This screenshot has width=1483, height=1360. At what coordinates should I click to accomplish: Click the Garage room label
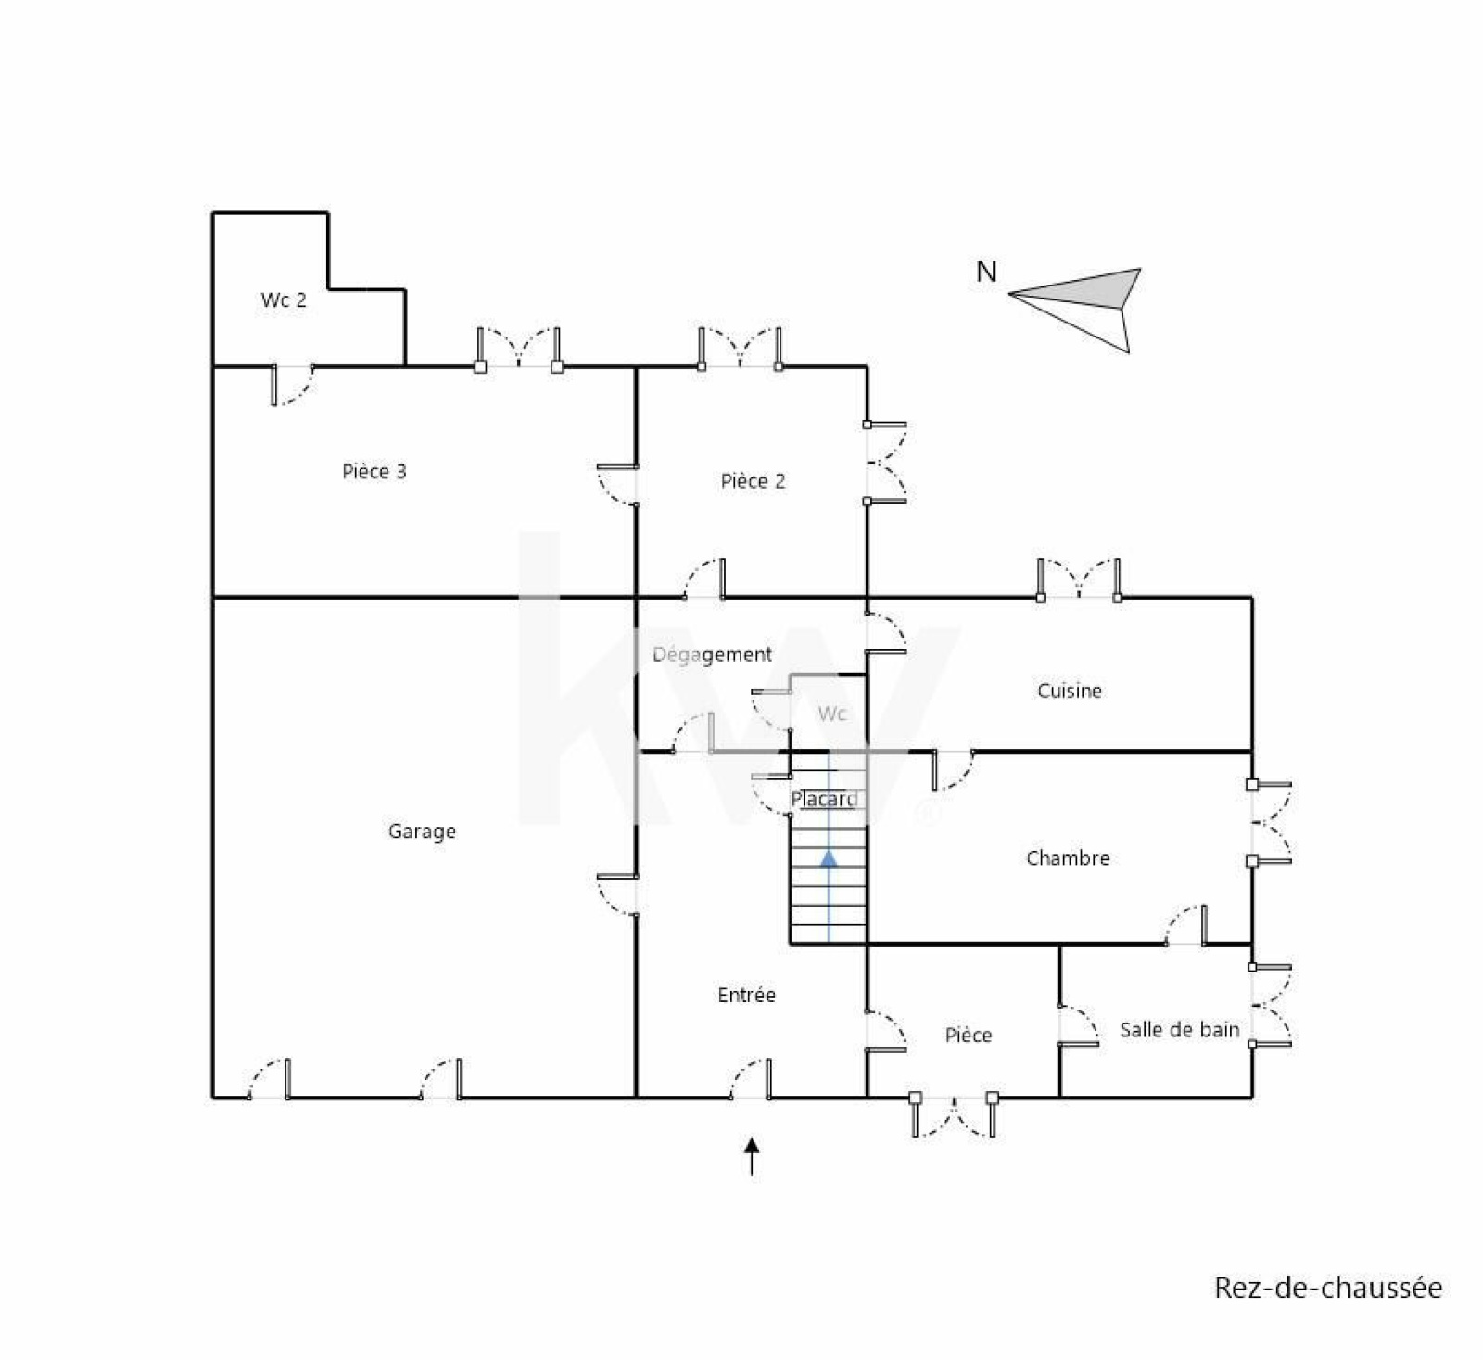pyautogui.click(x=422, y=832)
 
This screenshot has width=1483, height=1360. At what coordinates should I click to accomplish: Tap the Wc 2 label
pyautogui.click(x=284, y=300)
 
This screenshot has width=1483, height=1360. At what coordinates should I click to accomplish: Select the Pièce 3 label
pyautogui.click(x=374, y=471)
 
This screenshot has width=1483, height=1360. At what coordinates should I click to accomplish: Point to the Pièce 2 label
pyautogui.click(x=753, y=480)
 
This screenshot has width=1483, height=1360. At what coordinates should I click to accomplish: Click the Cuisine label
pyautogui.click(x=1070, y=691)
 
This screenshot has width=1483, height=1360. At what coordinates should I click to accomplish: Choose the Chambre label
pyautogui.click(x=1068, y=858)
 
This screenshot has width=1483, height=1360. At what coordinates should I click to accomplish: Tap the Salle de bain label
pyautogui.click(x=1179, y=1029)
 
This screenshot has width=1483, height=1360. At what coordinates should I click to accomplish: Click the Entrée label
pyautogui.click(x=746, y=995)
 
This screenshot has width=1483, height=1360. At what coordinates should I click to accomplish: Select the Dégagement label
pyautogui.click(x=712, y=655)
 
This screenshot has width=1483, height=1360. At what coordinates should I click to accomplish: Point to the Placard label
pyautogui.click(x=824, y=798)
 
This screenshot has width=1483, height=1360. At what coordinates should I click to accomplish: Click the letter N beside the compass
pyautogui.click(x=986, y=272)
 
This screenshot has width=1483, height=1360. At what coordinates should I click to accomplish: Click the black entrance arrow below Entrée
pyautogui.click(x=752, y=1156)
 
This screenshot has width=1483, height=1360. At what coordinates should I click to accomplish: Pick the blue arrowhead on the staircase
pyautogui.click(x=829, y=858)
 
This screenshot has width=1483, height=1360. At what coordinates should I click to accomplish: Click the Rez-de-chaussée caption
pyautogui.click(x=1328, y=1288)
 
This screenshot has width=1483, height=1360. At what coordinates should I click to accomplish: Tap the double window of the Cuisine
pyautogui.click(x=1079, y=578)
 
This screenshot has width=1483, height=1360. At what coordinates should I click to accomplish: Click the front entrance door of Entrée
pyautogui.click(x=750, y=1078)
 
